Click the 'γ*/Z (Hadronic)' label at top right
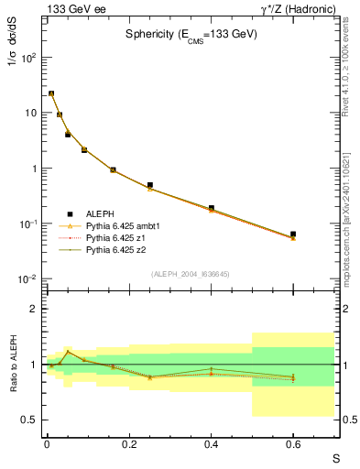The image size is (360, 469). pyautogui.click(x=300, y=8)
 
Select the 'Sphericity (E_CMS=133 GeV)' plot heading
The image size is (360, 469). pyautogui.click(x=191, y=34)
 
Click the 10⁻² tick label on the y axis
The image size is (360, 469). pyautogui.click(x=28, y=279)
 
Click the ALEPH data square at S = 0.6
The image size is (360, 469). pyautogui.click(x=293, y=234)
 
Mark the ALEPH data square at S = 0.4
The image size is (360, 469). pyautogui.click(x=211, y=208)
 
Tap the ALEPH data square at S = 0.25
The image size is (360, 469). pyautogui.click(x=149, y=185)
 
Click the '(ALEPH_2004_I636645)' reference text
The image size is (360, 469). pyautogui.click(x=190, y=274)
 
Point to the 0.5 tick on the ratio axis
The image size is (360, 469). pyautogui.click(x=31, y=420)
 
